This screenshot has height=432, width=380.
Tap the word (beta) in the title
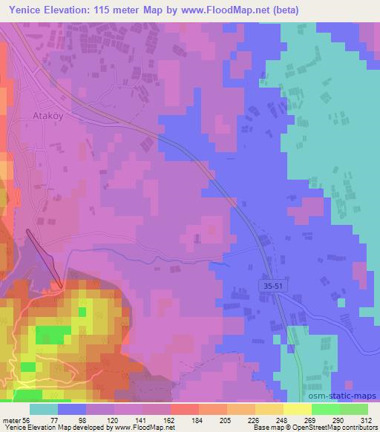[x=315, y=10]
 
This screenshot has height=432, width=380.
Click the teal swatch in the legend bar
[x=45, y=409]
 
